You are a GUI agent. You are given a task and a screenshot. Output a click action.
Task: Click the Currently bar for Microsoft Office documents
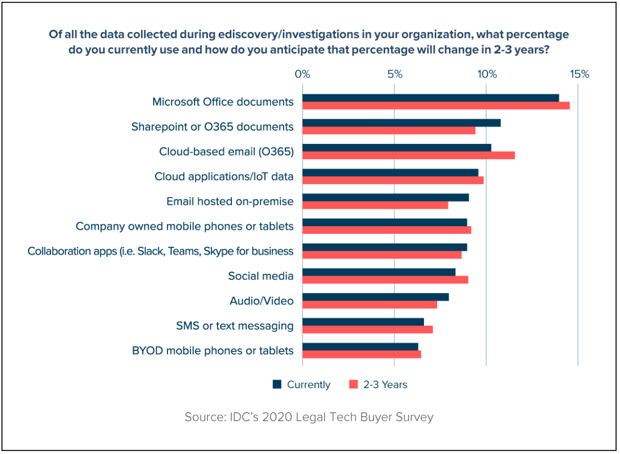pos(430,98)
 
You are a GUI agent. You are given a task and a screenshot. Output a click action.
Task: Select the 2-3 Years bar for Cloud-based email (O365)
pos(408,155)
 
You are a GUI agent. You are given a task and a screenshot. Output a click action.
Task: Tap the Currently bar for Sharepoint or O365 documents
pos(401,123)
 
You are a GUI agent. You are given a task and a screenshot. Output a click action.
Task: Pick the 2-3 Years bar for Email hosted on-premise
pos(375,205)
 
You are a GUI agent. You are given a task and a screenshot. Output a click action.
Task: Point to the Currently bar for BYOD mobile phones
pos(360,346)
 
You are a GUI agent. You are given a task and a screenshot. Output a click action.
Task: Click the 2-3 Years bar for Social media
pos(385,280)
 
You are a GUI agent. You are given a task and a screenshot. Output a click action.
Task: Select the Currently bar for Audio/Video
pos(375,297)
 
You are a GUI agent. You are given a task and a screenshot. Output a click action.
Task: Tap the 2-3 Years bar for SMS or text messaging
pos(367,329)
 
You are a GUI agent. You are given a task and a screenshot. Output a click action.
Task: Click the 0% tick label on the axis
pos(303,74)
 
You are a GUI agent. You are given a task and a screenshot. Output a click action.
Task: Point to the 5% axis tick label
pos(395,74)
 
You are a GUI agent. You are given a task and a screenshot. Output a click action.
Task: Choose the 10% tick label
pos(486,74)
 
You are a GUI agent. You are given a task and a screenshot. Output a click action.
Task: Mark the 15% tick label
pos(579,74)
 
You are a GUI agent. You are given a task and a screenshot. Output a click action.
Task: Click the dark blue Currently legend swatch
pos(277,384)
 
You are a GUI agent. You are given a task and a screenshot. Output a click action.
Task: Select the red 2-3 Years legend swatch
pos(353,384)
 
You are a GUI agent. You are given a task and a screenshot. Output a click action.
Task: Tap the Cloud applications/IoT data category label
pos(224,176)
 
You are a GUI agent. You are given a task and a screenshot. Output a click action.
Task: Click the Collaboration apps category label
pos(161,251)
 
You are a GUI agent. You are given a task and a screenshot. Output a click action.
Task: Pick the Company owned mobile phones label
pos(185,227)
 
